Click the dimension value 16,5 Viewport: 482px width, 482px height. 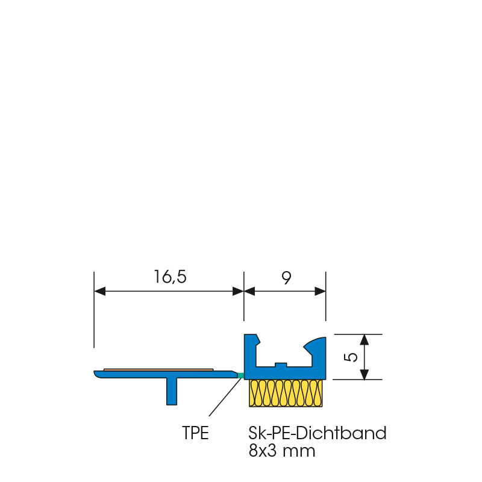click(171, 277)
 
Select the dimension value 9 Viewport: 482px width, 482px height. click(286, 278)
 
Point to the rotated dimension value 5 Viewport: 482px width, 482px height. click(352, 357)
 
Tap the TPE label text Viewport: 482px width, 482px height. click(195, 433)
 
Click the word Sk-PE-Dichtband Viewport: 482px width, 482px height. click(317, 433)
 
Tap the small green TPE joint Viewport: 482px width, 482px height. click(241, 375)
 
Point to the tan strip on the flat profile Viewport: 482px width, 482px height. click(158, 369)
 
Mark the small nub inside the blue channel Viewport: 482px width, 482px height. click(280, 364)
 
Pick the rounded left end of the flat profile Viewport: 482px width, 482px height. click(98, 374)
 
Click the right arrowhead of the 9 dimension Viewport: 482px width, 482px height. click(320, 291)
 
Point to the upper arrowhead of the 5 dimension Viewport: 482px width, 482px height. click(365, 339)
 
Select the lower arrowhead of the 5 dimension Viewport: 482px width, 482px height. click(365, 374)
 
